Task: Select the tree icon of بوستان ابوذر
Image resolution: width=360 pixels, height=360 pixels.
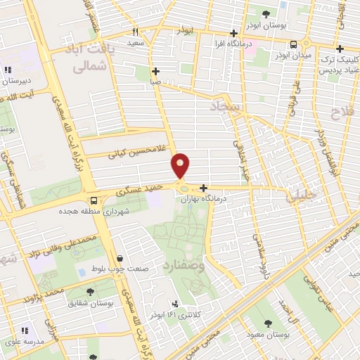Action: point(266,13)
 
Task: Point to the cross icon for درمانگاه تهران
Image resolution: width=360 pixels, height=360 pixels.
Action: point(203,188)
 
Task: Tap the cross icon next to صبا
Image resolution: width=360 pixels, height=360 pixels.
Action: point(155,71)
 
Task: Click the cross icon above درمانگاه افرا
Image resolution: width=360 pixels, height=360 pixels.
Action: point(234,32)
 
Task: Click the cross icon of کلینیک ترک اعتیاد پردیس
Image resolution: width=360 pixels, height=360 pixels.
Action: point(340,49)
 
